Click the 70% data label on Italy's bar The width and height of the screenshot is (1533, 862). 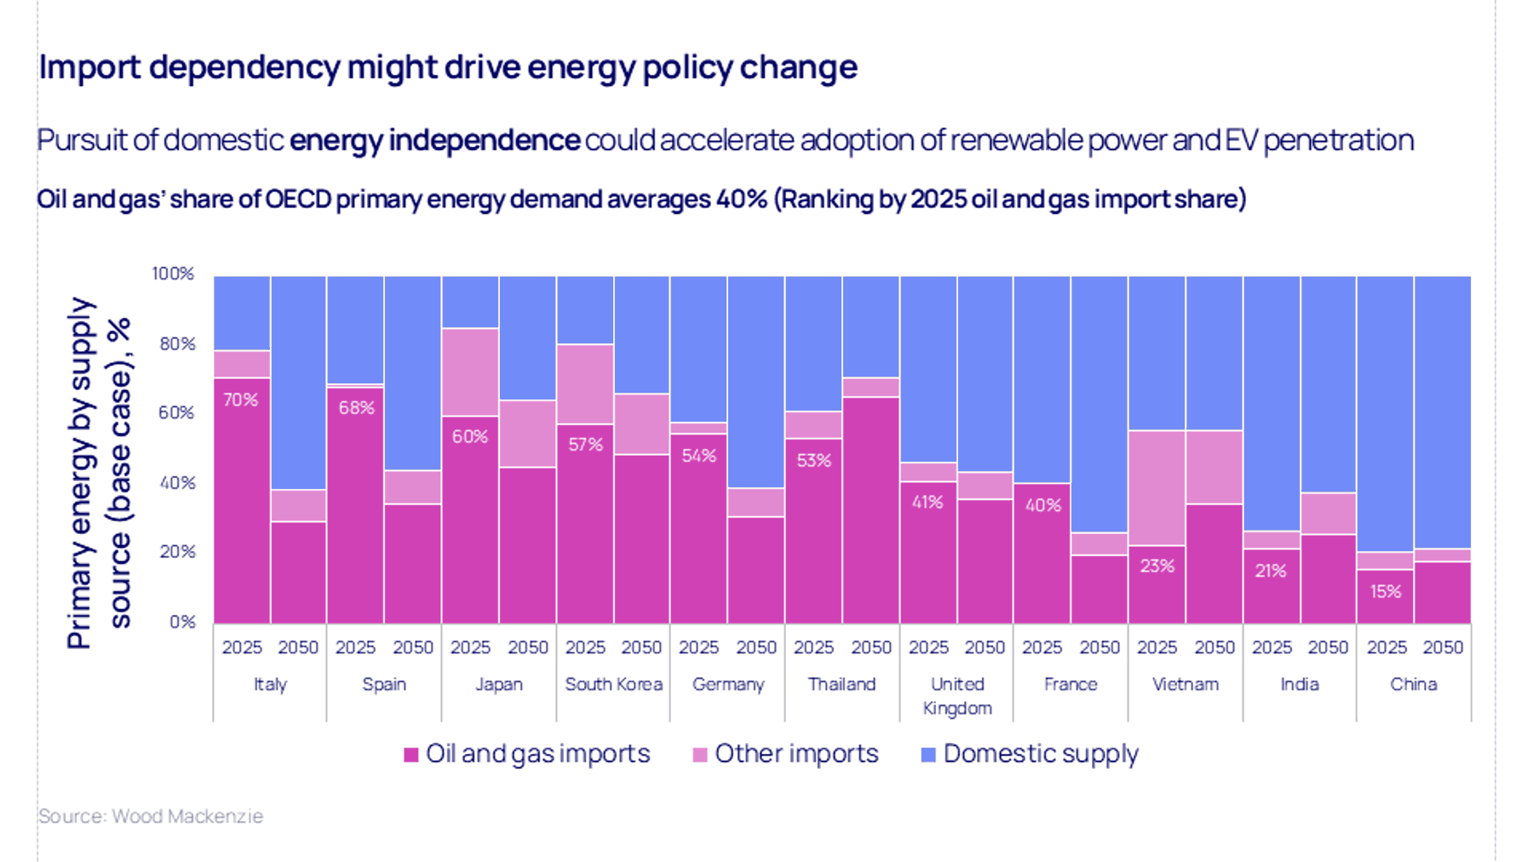(240, 399)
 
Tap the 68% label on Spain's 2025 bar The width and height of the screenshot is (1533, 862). (356, 408)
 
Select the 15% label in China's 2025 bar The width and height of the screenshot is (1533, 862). (1386, 591)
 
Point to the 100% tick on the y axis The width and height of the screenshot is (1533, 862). (173, 273)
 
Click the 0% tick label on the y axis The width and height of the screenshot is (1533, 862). (181, 622)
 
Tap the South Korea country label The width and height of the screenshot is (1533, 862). (613, 684)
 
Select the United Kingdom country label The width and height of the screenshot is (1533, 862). (957, 696)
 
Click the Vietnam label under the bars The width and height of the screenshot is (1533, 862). (1186, 684)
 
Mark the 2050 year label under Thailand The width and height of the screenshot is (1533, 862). (871, 647)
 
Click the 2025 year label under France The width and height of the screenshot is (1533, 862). (1042, 647)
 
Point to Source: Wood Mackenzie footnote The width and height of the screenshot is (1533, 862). (151, 816)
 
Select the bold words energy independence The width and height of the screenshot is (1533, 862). (434, 140)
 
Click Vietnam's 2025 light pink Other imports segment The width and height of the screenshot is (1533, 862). (1157, 487)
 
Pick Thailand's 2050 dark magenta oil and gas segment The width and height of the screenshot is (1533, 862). (870, 509)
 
